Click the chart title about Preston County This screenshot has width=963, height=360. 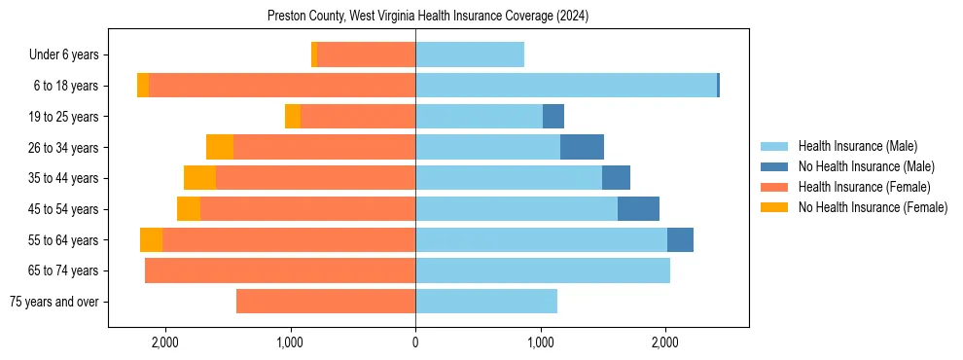point(428,17)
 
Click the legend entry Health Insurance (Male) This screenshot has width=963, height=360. point(857,146)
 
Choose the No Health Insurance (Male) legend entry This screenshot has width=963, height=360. point(866,166)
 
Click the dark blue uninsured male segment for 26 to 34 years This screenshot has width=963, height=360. point(582,147)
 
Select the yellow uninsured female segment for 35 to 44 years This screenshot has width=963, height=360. point(199,178)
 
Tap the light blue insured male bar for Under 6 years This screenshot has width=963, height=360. point(470,55)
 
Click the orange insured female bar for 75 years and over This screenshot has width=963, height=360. point(326,302)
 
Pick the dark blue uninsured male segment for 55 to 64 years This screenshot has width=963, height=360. point(680,239)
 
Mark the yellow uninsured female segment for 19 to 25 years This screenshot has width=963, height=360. point(293,117)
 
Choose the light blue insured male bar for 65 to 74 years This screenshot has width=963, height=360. point(543,270)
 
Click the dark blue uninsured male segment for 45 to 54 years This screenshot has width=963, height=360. point(638,209)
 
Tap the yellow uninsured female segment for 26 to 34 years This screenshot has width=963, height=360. point(220,147)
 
